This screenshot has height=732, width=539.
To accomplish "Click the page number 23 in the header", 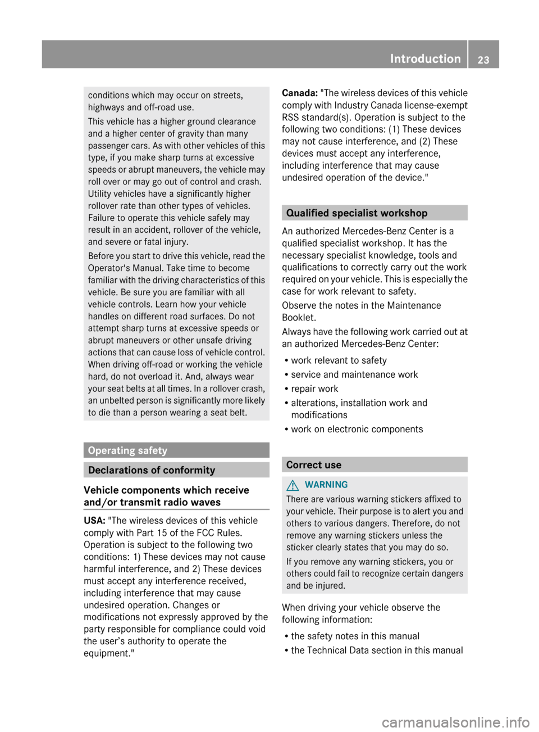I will tap(483, 60).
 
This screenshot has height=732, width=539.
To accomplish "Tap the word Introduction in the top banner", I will tap(425, 58).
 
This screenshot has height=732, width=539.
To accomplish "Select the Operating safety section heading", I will tap(127, 450).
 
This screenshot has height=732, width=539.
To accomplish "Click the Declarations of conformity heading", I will tap(152, 470).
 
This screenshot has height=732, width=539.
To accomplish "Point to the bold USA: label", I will tap(94, 521).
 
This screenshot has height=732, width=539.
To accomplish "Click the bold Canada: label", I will tap(300, 93).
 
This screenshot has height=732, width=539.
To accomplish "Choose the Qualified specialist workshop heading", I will tap(357, 213).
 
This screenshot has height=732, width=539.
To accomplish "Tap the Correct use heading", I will tap(313, 465).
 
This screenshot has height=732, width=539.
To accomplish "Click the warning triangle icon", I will tap(293, 485).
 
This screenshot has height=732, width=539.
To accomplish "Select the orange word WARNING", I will tap(326, 485).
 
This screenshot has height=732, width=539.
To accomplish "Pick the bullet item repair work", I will tap(314, 388).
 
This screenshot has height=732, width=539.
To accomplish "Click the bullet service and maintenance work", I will tap(354, 374).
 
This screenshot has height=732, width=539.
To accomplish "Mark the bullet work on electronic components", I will tap(357, 429).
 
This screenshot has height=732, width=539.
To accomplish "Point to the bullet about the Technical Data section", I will tap(377, 650).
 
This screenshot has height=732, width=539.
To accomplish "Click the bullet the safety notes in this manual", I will tap(355, 636).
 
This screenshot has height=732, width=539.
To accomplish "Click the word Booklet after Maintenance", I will tap(299, 318).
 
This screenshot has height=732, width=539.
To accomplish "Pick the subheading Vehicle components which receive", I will tap(166, 490).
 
